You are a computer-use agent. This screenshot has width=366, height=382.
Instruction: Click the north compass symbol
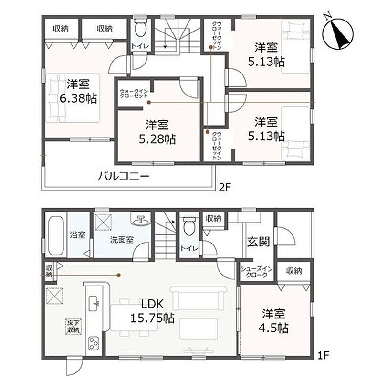(338, 33)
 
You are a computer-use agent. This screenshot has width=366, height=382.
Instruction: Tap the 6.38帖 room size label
(78, 99)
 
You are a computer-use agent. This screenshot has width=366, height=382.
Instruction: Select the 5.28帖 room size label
(157, 139)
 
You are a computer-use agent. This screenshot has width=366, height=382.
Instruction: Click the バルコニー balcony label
(123, 176)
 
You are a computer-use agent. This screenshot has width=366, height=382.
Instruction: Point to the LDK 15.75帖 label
(152, 311)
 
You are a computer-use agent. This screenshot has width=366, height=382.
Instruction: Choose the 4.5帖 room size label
(273, 328)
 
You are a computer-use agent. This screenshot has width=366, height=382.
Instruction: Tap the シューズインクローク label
(256, 272)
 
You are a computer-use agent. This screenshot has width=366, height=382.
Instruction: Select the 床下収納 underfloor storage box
(73, 327)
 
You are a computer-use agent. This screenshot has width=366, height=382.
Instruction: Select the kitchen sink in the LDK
(94, 303)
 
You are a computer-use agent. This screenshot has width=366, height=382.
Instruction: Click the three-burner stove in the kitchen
(94, 343)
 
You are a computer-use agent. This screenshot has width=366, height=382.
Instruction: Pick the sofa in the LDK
(199, 298)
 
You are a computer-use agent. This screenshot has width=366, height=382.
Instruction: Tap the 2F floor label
(225, 188)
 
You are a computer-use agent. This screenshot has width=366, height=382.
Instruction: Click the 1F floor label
(323, 356)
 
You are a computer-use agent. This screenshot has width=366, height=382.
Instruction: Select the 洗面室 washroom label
(122, 240)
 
